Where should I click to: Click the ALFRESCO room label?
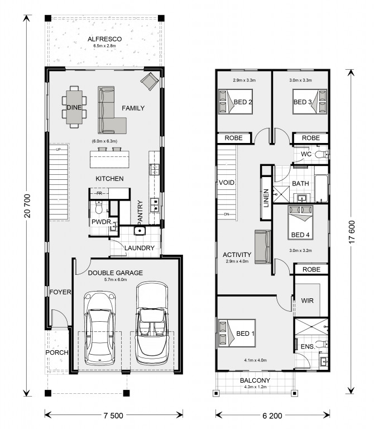[x=104, y=39]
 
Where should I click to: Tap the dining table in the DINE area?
[x=74, y=107]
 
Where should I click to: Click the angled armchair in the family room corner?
[x=149, y=81]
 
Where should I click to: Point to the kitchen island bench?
[x=109, y=159]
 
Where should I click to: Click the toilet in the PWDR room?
[x=98, y=207]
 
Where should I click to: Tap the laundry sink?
[x=140, y=231]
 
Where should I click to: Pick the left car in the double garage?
[x=99, y=328]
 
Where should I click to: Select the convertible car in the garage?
[x=152, y=323]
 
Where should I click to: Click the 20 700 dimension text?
[x=27, y=206]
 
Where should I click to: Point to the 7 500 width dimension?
[x=113, y=416]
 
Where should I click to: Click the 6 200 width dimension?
[x=272, y=416]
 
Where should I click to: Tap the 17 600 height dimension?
[x=352, y=232]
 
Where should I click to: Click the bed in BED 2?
[x=235, y=102]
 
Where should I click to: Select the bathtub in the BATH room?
[x=321, y=188]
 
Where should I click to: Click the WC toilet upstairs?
[x=322, y=155]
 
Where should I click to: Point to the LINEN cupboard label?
[x=266, y=198]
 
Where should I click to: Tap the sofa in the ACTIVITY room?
[x=263, y=247]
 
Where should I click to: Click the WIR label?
[x=307, y=301]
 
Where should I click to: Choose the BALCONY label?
[x=255, y=380]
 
